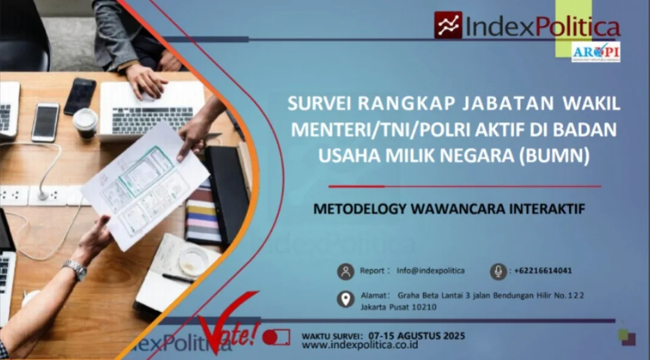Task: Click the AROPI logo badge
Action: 595,52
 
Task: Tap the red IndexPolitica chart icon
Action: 448,25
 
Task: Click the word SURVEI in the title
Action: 320,104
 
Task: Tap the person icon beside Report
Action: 346,271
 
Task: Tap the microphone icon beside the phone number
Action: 498,271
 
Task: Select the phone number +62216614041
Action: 542,271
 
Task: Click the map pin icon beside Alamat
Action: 346,299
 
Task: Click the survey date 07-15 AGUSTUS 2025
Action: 416,335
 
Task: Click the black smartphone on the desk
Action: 80,96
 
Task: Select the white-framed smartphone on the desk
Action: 46,122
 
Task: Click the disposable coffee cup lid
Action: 85,118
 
